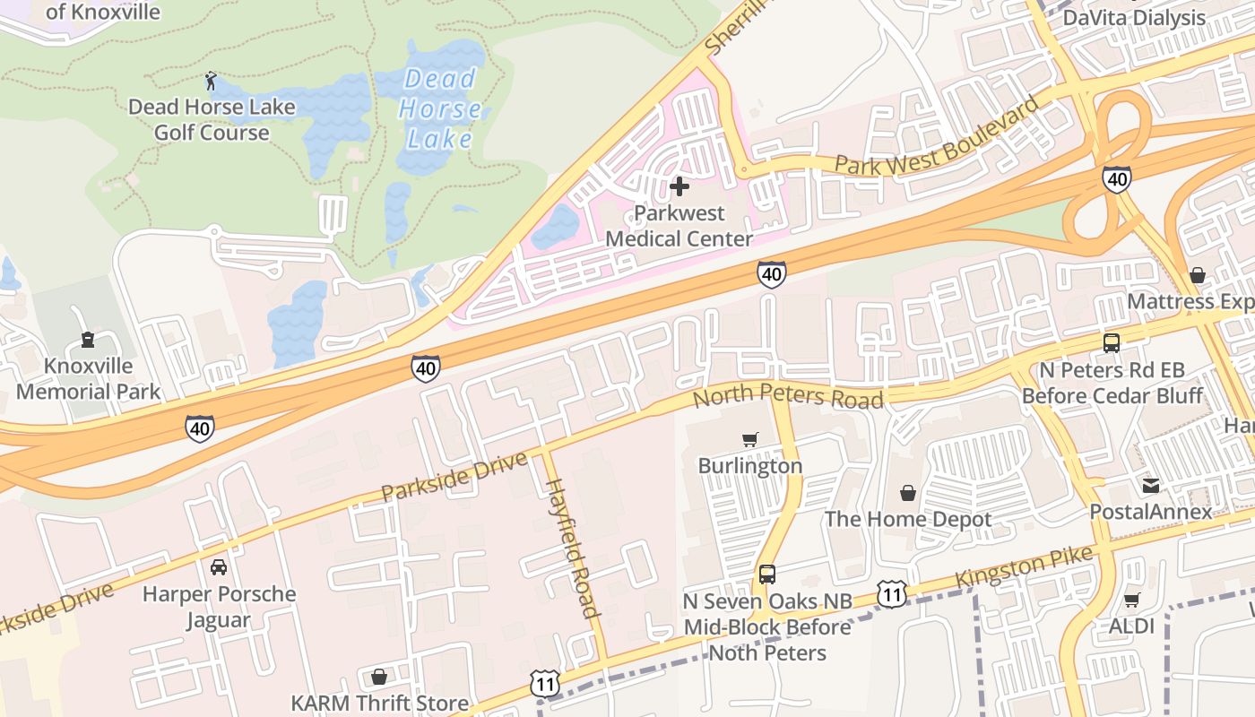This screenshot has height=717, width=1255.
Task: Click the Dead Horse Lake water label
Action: click(x=439, y=108)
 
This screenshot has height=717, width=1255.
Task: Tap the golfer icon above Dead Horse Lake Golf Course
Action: click(x=211, y=82)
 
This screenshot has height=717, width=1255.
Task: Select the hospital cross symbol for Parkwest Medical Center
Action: click(x=679, y=186)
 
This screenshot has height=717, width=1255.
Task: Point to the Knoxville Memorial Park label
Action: click(x=88, y=379)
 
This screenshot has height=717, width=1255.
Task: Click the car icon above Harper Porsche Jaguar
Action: click(x=218, y=567)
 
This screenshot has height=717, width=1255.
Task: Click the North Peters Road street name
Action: click(x=789, y=395)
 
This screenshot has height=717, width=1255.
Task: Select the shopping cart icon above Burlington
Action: click(x=749, y=439)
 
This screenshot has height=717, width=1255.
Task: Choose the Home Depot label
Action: click(x=908, y=519)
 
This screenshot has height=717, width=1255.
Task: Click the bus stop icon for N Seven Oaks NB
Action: click(x=767, y=574)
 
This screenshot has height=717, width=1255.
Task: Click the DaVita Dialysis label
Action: click(x=1134, y=18)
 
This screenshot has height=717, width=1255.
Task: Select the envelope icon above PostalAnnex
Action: click(x=1150, y=486)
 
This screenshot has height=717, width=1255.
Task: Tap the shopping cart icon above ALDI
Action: click(x=1131, y=600)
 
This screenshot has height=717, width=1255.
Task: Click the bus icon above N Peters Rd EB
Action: click(x=1111, y=342)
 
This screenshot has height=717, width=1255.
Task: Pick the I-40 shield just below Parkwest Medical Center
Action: click(x=771, y=274)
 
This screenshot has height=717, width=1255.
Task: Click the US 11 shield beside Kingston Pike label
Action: click(x=891, y=592)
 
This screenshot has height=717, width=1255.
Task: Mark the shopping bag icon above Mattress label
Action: click(x=1197, y=274)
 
